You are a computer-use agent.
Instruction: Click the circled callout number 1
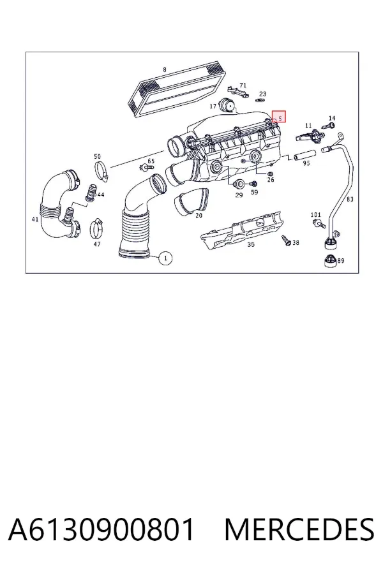point(165,258)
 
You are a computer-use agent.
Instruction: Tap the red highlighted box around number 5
point(278,117)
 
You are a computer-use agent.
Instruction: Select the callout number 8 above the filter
point(165,70)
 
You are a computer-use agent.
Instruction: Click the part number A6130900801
point(101,529)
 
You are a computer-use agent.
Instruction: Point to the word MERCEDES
point(299,529)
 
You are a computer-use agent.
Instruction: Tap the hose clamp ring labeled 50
point(101,170)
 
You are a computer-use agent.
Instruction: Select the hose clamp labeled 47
point(97,227)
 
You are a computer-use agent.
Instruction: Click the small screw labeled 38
point(286,240)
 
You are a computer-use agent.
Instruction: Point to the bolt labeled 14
point(328,126)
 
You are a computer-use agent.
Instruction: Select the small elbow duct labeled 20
point(191,201)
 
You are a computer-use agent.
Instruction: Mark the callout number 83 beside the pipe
point(350,199)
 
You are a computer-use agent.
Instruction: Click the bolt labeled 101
point(320,224)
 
